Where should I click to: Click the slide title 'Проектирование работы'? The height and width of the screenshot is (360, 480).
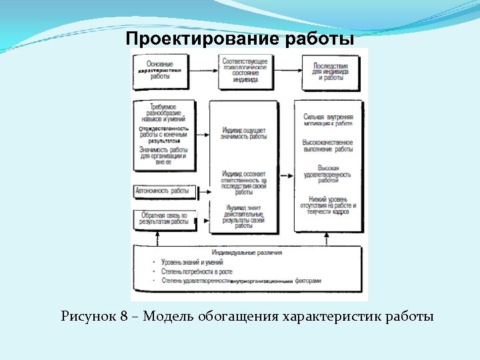240,39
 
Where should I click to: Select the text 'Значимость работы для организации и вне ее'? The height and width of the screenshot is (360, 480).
163,155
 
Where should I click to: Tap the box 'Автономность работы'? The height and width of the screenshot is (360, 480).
163,191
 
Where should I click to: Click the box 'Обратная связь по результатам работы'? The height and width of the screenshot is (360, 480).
164,219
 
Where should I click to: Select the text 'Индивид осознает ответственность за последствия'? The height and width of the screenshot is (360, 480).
244,182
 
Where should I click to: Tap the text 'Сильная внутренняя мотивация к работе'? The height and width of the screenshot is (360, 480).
328,120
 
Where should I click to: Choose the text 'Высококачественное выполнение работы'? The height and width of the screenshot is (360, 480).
328,145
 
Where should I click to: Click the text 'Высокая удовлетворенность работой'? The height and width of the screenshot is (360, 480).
328,174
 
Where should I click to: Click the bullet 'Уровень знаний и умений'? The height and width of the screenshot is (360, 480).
193,263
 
